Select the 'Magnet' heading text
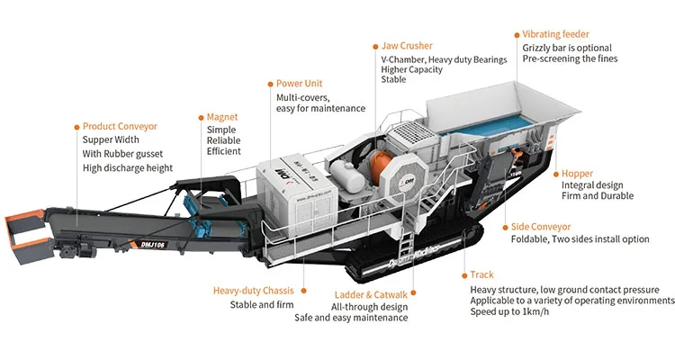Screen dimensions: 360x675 [222, 117]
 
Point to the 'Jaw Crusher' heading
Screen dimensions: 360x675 [408, 45]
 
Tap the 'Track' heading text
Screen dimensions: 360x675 [481, 274]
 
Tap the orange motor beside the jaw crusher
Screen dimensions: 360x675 [377, 171]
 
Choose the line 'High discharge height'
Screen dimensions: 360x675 [127, 167]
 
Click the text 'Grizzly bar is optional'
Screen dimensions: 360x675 [567, 48]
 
